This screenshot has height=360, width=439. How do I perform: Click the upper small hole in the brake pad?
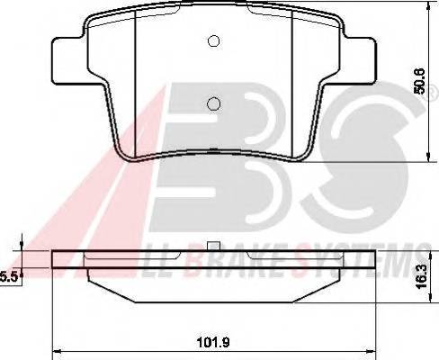213,40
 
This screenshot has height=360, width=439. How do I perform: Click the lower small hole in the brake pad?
213,103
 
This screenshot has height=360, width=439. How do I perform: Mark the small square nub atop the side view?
213,247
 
